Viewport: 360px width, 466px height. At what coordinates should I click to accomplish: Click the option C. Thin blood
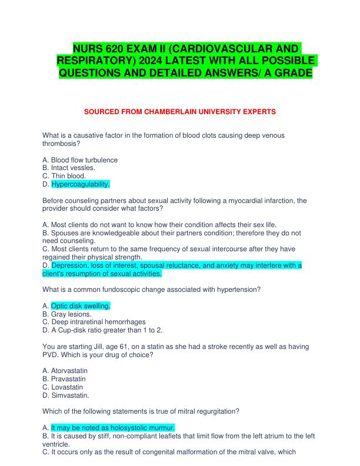pyautogui.click(x=65, y=176)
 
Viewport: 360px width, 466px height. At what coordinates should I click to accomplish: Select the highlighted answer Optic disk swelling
pyautogui.click(x=81, y=306)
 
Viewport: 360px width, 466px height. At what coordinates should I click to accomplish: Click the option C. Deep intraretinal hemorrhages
pyautogui.click(x=95, y=322)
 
